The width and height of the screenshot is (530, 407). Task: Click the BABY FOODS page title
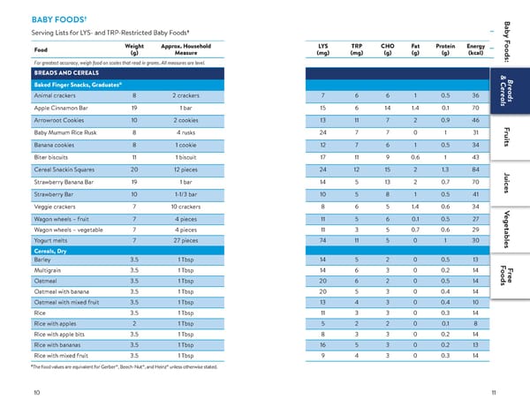coord(59,19)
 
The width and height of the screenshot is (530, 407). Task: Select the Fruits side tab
coord(506,137)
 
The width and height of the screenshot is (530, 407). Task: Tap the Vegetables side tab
coord(506,230)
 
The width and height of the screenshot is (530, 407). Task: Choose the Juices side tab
coord(506,183)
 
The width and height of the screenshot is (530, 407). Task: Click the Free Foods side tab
coord(506,275)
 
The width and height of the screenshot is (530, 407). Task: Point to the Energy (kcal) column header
coord(475,49)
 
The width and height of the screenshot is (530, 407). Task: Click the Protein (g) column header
coord(445,49)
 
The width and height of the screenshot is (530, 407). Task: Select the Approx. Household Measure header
coord(185,49)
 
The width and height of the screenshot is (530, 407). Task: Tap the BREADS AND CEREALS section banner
coord(66,73)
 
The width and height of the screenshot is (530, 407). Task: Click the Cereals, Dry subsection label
coord(50,251)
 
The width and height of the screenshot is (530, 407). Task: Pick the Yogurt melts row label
coord(50,240)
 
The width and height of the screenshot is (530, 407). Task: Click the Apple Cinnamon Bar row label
coord(61,108)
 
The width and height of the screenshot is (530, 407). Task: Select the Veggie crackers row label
coord(55,207)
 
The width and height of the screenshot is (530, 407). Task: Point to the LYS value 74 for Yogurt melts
coord(322,240)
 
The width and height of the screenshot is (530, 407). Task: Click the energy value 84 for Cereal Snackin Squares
coord(475,170)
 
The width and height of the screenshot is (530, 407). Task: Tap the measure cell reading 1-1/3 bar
coord(185,194)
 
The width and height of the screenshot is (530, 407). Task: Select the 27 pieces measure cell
coord(185,240)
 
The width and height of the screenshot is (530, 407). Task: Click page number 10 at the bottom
coord(37,393)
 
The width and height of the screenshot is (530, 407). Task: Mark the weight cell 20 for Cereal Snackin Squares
coord(134,170)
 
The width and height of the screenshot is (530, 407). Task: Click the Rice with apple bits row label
coord(59,335)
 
